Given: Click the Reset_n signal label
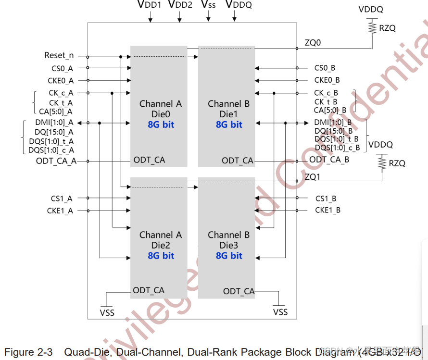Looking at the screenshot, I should click(59, 56).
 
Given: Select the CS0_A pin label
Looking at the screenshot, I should click(62, 68).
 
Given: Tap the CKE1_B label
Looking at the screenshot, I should click(327, 210).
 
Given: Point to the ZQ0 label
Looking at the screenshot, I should click(313, 43).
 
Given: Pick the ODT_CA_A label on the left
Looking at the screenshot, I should click(56, 161).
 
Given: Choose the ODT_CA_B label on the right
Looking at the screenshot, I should click(329, 160).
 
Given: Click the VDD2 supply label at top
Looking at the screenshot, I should click(180, 5).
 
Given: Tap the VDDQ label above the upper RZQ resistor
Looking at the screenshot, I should click(371, 9).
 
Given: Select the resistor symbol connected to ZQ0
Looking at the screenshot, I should click(372, 27).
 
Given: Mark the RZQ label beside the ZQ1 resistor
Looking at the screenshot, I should click(397, 163).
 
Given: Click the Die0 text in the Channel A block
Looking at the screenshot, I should click(161, 114).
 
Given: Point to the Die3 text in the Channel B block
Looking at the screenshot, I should click(229, 246).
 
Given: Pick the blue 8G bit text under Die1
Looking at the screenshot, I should click(229, 124).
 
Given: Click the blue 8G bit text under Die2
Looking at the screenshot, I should click(161, 256).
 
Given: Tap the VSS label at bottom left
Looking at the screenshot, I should click(107, 313).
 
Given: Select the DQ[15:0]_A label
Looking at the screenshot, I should click(54, 132).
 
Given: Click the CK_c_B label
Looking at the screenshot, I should click(326, 93).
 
